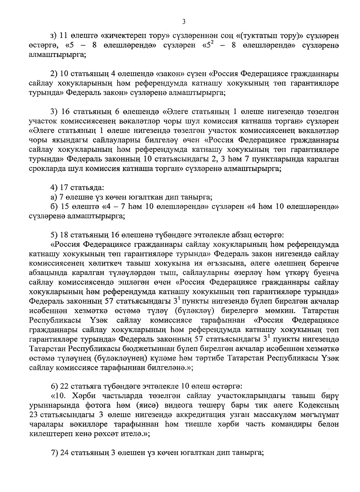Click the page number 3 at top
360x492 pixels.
tap(184, 22)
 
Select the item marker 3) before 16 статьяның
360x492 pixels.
tap(54, 112)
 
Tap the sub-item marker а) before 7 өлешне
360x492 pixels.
tap(54, 197)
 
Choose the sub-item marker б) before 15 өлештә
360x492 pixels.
tap(54, 207)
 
